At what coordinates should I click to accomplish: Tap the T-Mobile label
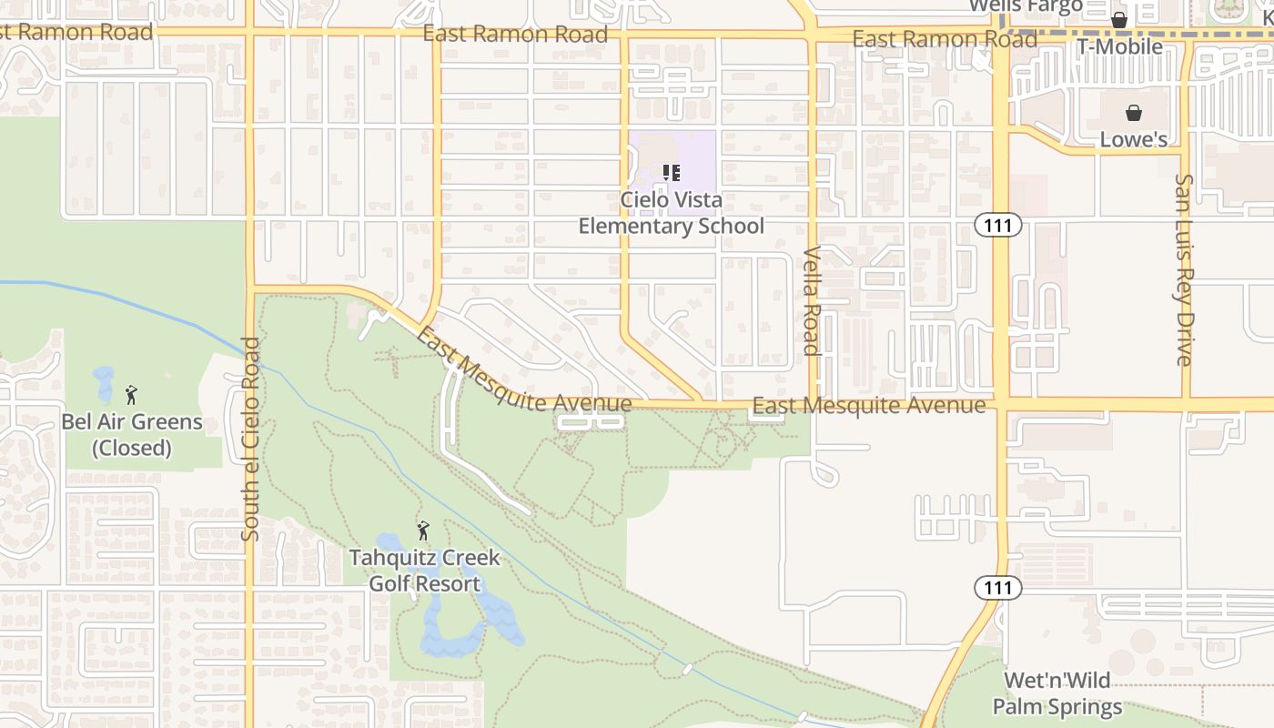(1119, 46)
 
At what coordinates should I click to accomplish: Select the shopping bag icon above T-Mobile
(1119, 19)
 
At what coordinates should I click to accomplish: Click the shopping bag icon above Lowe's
(1134, 113)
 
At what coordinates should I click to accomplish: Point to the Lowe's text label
(1134, 139)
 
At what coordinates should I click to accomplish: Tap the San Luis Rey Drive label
(1183, 269)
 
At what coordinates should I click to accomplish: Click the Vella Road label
(811, 300)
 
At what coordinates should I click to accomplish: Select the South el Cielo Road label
(251, 439)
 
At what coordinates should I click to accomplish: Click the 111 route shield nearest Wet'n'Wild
(997, 588)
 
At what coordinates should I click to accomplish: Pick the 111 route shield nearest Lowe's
(997, 225)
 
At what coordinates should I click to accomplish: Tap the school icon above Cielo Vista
(672, 172)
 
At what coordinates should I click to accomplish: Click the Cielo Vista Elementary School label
(672, 213)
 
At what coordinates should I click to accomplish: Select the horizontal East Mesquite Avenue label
(869, 405)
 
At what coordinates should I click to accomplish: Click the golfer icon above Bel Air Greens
(131, 395)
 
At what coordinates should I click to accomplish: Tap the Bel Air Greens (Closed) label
(132, 435)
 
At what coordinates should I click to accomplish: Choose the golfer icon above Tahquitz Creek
(423, 531)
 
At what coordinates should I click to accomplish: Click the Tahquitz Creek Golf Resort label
(424, 571)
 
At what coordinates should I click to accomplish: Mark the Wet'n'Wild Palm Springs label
(1057, 693)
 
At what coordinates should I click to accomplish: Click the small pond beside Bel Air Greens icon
(104, 382)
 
